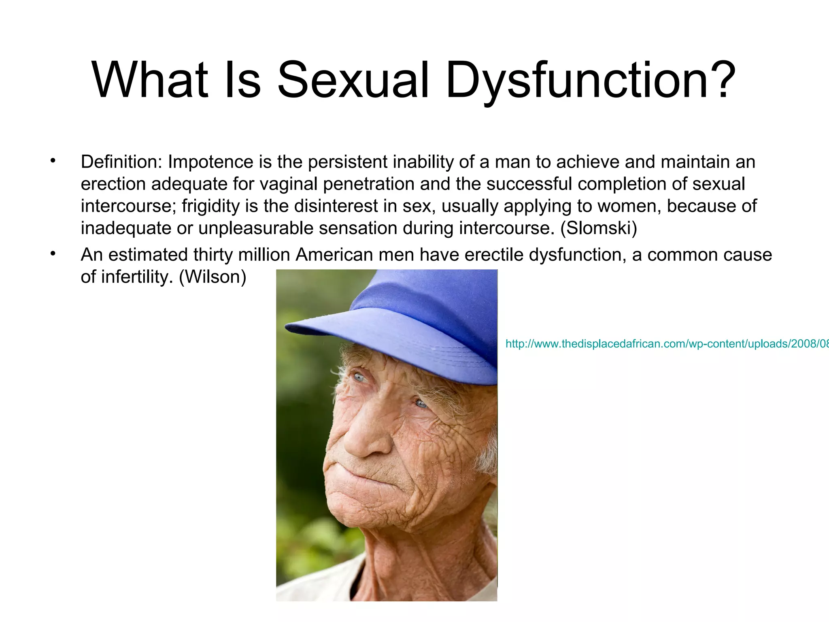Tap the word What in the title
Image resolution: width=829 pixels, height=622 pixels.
[150, 80]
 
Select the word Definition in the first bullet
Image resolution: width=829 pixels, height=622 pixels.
[121, 162]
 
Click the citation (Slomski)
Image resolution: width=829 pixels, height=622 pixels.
[599, 228]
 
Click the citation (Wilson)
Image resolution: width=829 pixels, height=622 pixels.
[213, 277]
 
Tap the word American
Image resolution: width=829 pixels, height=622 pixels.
[334, 255]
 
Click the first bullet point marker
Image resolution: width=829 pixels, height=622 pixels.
[53, 161]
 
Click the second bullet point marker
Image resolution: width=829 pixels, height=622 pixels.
[53, 254]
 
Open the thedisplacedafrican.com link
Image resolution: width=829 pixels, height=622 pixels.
[664, 344]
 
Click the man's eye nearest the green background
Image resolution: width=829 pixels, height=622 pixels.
[359, 377]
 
